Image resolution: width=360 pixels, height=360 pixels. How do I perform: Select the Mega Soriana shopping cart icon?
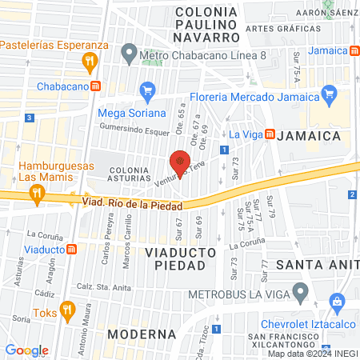click(146, 90)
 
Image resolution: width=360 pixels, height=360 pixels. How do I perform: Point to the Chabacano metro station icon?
click(95, 86)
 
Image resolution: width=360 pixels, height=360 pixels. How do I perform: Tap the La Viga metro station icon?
click(270, 134)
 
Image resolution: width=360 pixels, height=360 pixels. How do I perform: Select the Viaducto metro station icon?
click(72, 249)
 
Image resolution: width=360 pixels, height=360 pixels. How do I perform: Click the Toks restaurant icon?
click(67, 308)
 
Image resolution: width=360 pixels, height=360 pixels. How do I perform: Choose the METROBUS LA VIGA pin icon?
click(300, 294)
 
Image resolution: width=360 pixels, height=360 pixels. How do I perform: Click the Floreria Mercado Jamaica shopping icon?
click(326, 98)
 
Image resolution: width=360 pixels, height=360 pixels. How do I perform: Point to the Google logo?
click(26, 350)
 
